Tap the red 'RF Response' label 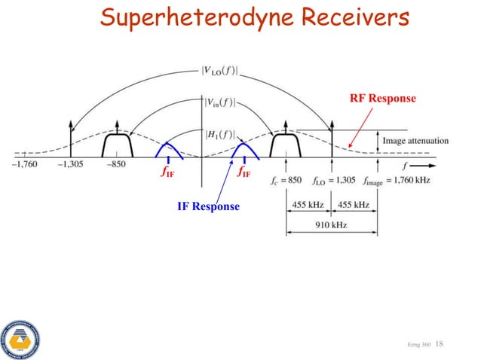click(x=382, y=98)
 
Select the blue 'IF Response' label click(x=208, y=206)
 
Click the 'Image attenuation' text click(x=415, y=141)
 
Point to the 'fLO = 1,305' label click(x=334, y=181)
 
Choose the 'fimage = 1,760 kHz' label click(x=395, y=181)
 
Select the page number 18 click(x=440, y=343)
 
